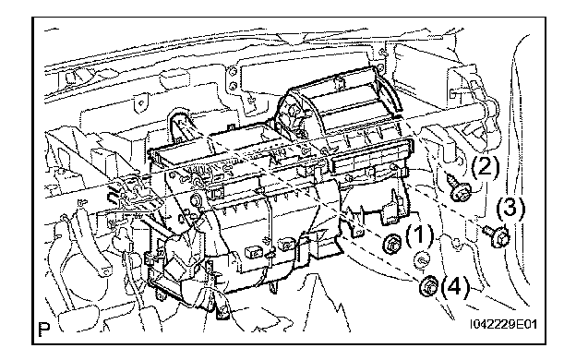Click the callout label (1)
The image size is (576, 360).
pos(419,234)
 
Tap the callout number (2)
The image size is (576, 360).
pos(486,167)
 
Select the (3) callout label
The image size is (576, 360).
pos(511,208)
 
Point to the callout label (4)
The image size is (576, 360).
pos(455,286)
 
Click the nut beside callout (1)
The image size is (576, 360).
pos(391,244)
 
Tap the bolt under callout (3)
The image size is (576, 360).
pos(497,235)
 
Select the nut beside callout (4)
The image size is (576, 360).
pos(429,285)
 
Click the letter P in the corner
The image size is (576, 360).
pos(44,330)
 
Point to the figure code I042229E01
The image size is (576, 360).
pos(504,324)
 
